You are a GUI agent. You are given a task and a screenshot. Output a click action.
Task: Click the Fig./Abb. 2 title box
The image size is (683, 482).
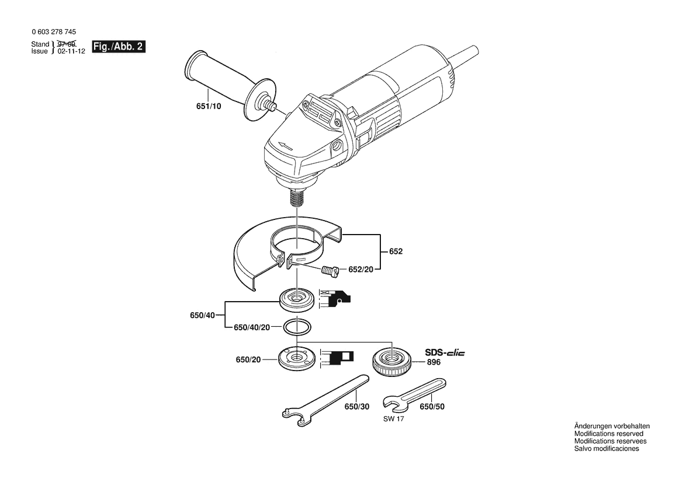119,47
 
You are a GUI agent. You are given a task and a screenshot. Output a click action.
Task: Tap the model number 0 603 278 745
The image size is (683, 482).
54,32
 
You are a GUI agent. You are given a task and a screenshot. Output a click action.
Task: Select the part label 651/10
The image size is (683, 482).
209,106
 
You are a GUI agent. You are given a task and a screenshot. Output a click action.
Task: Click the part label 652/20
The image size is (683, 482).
360,270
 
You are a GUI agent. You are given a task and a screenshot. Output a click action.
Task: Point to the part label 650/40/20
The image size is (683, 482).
252,327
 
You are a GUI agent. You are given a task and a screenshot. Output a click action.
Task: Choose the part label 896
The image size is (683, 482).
434,362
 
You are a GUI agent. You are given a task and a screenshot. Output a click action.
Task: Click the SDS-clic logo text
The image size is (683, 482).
445,353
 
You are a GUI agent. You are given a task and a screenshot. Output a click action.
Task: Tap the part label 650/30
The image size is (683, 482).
357,407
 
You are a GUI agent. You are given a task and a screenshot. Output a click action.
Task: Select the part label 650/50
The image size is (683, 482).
432,407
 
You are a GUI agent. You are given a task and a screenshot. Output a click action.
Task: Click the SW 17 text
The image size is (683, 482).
394,419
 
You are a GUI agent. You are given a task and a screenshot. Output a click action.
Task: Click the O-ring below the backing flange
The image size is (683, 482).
297,327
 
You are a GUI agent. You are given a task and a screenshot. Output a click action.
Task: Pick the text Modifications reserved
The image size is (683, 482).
609,434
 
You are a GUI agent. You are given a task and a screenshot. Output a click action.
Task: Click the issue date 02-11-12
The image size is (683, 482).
71,51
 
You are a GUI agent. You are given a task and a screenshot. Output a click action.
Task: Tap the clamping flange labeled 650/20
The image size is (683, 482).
297,358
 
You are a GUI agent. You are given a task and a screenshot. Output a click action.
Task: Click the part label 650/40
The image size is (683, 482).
203,315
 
